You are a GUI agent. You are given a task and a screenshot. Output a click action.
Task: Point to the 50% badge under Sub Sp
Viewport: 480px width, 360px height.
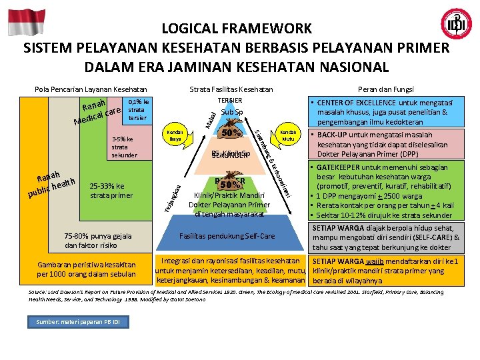[x=231, y=133]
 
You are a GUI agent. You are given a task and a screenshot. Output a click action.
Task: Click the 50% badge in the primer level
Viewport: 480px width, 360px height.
[x=231, y=184]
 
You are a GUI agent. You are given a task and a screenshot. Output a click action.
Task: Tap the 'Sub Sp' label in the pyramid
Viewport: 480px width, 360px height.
[x=231, y=112]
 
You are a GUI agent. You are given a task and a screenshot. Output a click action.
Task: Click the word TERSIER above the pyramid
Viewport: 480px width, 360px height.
[x=230, y=100]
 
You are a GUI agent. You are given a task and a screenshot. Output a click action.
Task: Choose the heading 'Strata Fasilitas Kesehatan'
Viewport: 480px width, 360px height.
[x=231, y=89]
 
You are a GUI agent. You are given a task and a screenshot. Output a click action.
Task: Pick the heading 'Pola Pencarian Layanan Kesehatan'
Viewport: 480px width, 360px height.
[x=91, y=89]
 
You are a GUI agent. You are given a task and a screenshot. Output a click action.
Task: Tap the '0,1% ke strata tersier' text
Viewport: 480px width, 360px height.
[x=138, y=110]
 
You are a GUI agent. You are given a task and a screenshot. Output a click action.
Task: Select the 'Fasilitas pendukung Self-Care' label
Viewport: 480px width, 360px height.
[x=227, y=236]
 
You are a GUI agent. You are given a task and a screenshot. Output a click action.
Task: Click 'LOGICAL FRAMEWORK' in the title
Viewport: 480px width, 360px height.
[x=237, y=29]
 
